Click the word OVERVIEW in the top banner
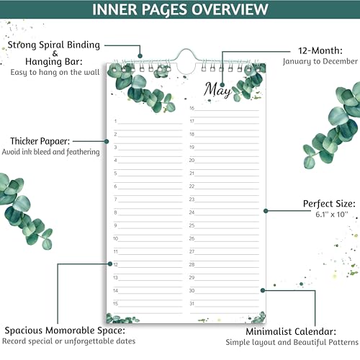pyautogui.click(x=230, y=9)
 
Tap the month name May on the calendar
pyautogui.click(x=217, y=90)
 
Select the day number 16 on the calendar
pyautogui.click(x=192, y=108)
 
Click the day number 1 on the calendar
pyautogui.click(x=115, y=121)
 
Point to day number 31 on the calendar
pyautogui.click(x=192, y=304)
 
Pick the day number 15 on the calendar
pyautogui.click(x=115, y=304)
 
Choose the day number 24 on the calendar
pyautogui.click(x=192, y=212)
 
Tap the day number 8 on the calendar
pyautogui.click(x=115, y=212)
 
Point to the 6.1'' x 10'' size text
pyautogui.click(x=332, y=214)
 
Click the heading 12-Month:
pyautogui.click(x=320, y=50)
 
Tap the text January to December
pyautogui.click(x=320, y=61)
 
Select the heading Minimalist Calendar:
pyautogui.click(x=291, y=332)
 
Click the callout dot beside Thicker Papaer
pyautogui.click(x=107, y=142)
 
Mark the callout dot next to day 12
pyautogui.click(x=110, y=264)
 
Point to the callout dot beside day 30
pyautogui.click(x=263, y=290)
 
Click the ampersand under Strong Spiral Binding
pyautogui.click(x=55, y=53)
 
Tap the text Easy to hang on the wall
pyautogui.click(x=55, y=72)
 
